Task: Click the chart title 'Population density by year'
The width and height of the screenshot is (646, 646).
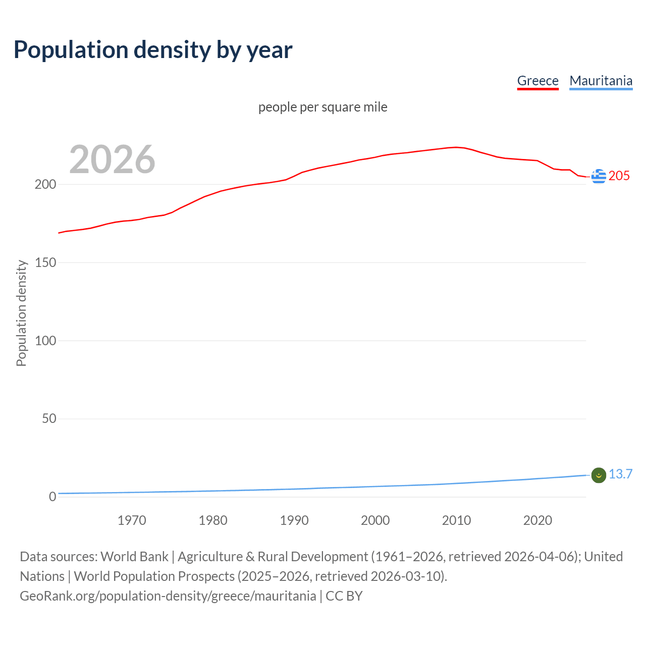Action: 153,50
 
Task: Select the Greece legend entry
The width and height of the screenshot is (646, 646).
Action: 537,81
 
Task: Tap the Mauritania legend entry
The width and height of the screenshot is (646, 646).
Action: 601,81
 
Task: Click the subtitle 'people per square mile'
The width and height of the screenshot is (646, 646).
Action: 322,107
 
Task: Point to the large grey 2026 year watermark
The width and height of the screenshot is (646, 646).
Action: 112,159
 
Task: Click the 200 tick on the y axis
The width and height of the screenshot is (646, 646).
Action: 45,184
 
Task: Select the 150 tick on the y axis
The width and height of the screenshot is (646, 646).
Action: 45,262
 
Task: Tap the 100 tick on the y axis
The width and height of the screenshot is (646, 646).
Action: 45,341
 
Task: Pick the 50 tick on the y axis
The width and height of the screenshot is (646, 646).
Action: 49,418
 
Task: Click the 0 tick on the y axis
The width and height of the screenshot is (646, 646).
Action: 52,497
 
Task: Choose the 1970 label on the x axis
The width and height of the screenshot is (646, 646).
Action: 132,520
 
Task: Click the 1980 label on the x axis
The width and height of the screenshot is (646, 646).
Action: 213,520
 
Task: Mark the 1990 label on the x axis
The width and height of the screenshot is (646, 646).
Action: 294,520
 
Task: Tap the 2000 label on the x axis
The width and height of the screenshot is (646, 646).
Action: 375,520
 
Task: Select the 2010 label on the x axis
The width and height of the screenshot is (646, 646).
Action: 456,520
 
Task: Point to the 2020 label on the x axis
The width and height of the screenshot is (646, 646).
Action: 537,520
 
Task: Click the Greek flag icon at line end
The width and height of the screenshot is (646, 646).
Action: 599,176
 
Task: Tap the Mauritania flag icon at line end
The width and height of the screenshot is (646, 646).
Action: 599,475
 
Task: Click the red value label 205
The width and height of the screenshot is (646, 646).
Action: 619,176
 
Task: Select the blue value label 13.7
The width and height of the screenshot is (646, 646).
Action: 620,474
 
